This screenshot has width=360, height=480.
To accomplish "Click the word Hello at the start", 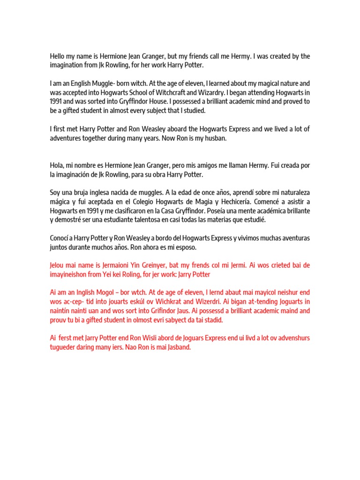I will [57, 56].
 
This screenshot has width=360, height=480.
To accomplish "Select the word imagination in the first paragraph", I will [67, 65].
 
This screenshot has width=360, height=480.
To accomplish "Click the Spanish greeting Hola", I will [57, 166].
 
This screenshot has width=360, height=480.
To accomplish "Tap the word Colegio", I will [142, 202].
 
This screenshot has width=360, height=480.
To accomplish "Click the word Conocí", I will [60, 239].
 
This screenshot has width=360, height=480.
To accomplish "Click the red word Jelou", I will [58, 266].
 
